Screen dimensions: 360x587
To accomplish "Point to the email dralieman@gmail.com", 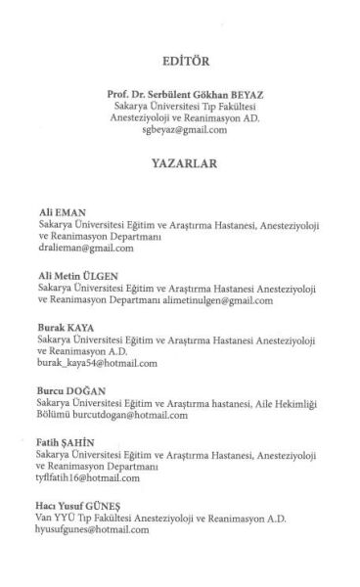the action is click(x=85, y=248).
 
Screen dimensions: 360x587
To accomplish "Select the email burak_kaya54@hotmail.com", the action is click(x=97, y=364).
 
